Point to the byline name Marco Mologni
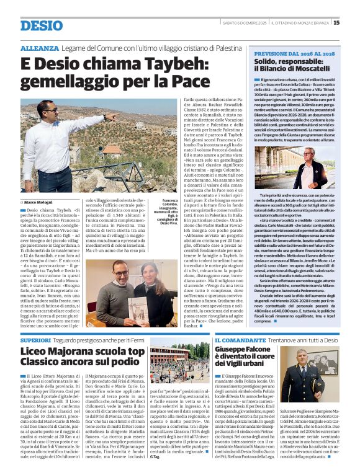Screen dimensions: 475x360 [38, 202]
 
